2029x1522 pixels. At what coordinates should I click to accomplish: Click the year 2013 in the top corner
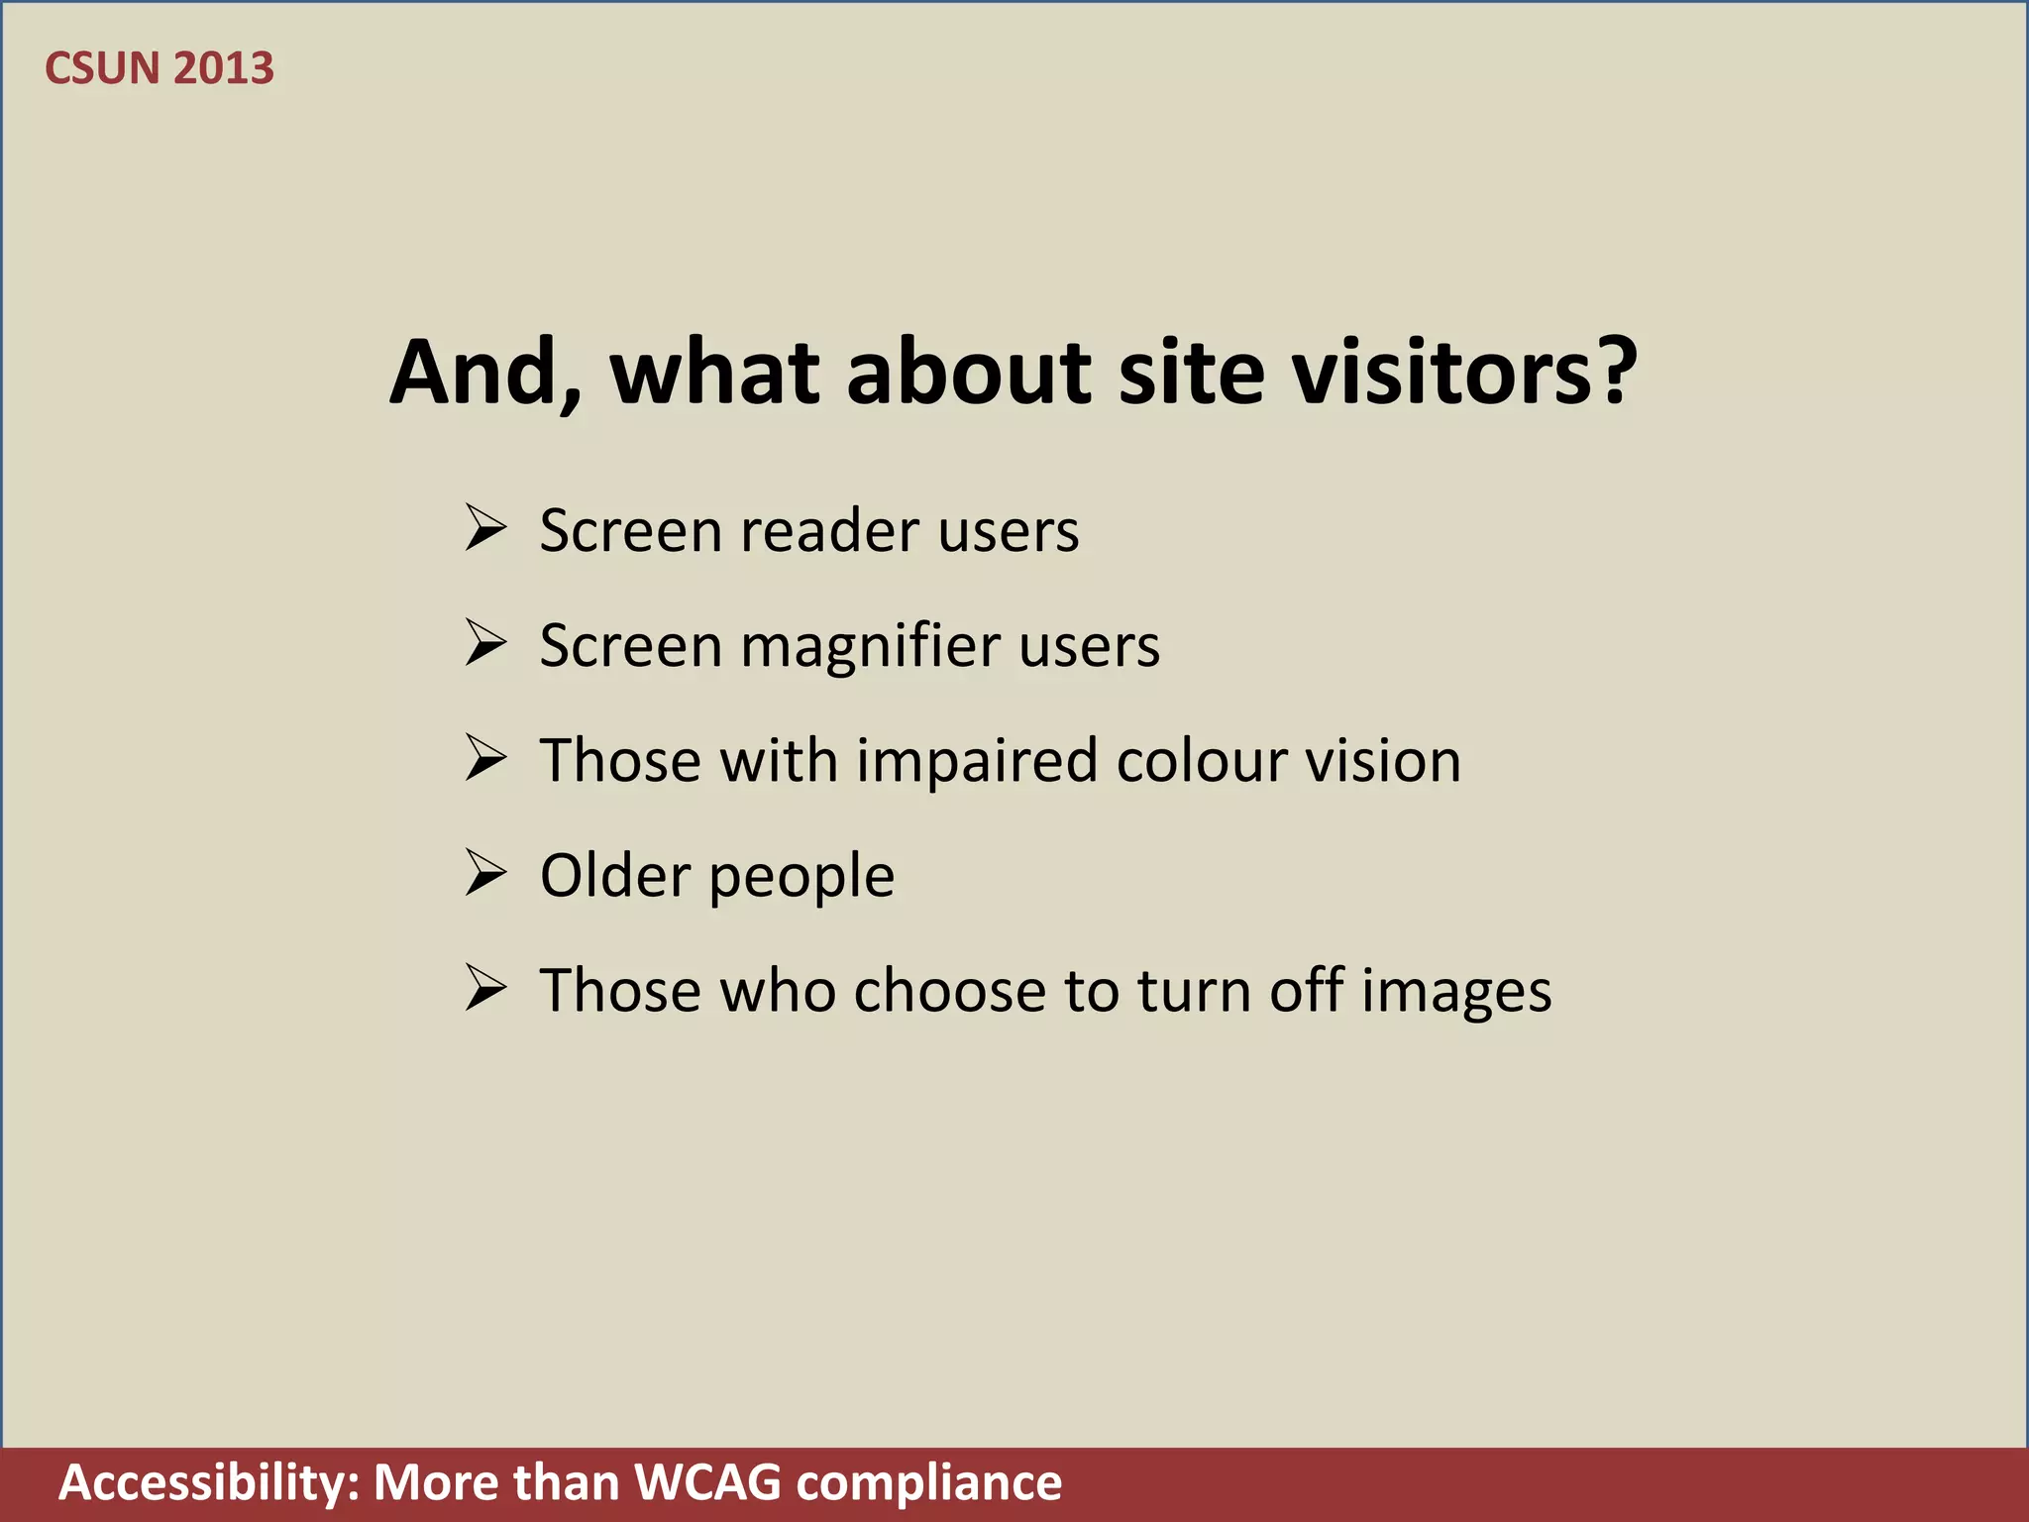point(223,68)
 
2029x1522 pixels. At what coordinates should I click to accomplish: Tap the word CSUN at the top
point(102,68)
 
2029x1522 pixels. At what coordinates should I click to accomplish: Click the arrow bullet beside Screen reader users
point(486,528)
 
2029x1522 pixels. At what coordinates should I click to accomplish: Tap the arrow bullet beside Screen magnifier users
point(486,643)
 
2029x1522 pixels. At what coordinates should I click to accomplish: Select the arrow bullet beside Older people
point(486,873)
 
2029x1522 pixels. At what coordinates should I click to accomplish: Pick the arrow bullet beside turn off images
point(486,988)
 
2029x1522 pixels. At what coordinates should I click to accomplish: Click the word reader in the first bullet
point(829,531)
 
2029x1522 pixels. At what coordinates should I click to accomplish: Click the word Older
point(615,875)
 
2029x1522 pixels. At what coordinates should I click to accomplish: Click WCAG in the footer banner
point(707,1483)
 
